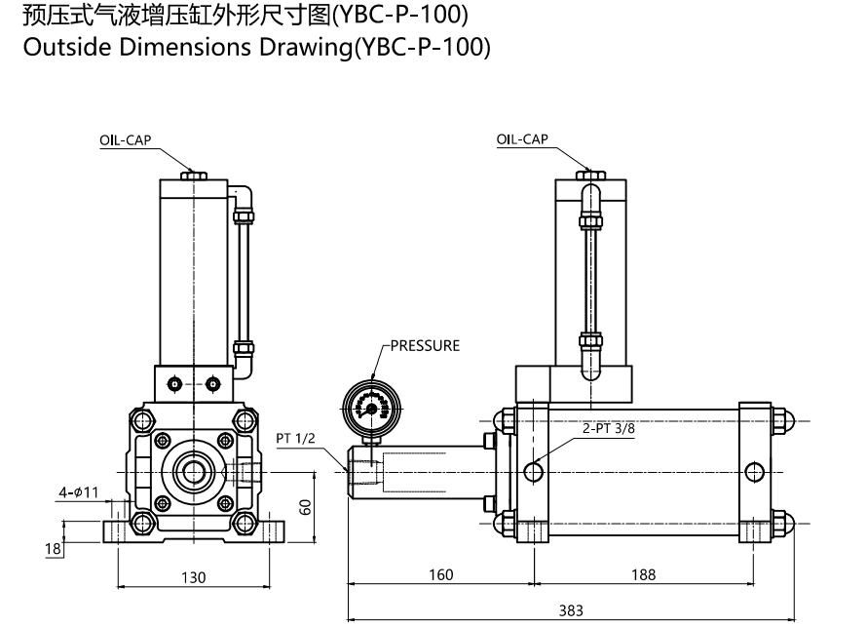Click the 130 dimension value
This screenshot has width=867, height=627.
(193, 577)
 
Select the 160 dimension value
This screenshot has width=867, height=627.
(441, 574)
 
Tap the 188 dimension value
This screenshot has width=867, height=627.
(643, 574)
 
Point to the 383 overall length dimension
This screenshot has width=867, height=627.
(571, 609)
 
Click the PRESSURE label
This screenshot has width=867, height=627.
(425, 345)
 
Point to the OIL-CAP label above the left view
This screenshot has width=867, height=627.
(125, 139)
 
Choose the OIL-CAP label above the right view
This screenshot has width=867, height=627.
(522, 139)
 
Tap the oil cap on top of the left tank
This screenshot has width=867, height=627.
(194, 176)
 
